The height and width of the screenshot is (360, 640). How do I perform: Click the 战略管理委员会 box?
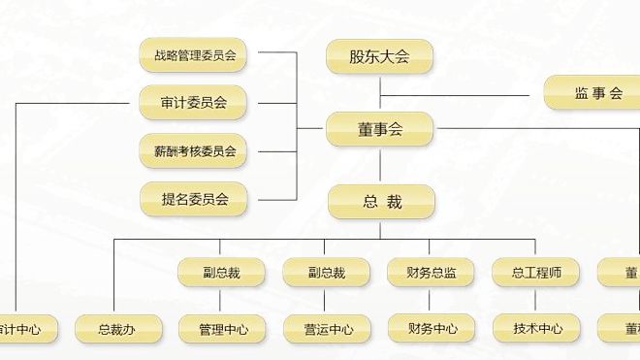click(194, 55)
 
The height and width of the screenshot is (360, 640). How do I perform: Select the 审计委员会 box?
click(194, 102)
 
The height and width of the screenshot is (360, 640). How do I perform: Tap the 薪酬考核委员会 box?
click(194, 150)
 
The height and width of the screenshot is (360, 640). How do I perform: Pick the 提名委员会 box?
click(194, 200)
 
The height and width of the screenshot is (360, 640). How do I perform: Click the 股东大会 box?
click(379, 56)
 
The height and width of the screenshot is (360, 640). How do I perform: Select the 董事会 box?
click(379, 129)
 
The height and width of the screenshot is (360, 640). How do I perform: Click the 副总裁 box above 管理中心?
click(220, 273)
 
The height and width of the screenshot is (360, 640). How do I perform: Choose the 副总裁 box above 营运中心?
click(325, 273)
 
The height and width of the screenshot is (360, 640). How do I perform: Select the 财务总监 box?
click(431, 273)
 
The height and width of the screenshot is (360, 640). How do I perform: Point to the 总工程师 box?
click(535, 273)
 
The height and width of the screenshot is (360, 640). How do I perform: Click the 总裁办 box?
click(115, 330)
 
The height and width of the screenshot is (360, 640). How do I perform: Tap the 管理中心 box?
click(222, 330)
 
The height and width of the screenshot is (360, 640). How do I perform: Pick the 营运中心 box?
click(327, 330)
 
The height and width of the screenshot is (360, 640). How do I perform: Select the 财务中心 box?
click(432, 330)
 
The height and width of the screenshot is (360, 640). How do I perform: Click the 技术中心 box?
click(537, 330)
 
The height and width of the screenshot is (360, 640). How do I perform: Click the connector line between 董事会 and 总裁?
click(380, 166)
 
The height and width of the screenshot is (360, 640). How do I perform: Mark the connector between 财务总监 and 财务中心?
click(432, 301)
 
